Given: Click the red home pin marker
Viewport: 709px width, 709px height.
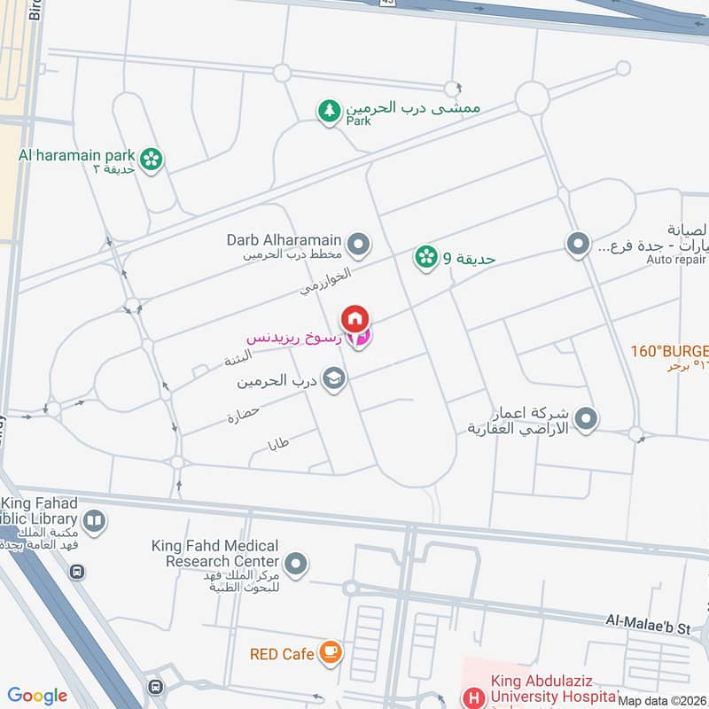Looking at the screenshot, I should click(x=354, y=318).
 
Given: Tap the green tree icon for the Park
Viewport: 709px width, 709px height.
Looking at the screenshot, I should click(x=330, y=111).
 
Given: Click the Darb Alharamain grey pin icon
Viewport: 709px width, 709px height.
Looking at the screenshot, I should click(x=358, y=242).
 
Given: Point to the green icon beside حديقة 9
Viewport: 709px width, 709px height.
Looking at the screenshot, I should click(x=426, y=258).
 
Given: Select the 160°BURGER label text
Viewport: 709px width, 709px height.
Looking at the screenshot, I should click(x=669, y=350).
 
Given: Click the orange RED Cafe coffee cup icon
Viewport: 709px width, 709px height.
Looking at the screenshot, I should click(x=331, y=653).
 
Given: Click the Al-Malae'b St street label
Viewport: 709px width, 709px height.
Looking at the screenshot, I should click(x=648, y=627).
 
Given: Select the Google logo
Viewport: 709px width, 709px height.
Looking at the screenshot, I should click(x=37, y=696).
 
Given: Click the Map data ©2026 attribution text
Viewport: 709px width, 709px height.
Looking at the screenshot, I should click(x=662, y=701).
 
